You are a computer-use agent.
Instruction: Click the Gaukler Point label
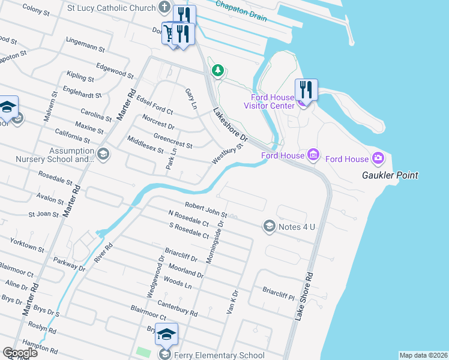390,175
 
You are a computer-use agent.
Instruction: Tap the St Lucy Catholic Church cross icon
165,8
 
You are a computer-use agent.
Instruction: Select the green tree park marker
217,71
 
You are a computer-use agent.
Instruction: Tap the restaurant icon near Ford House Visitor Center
306,89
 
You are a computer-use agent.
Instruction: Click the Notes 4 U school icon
269,226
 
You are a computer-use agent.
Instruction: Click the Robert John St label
206,208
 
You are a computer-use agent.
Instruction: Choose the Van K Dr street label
232,304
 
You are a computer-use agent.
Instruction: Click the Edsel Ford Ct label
154,104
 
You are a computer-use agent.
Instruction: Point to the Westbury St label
229,154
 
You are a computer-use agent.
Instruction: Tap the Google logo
20,353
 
